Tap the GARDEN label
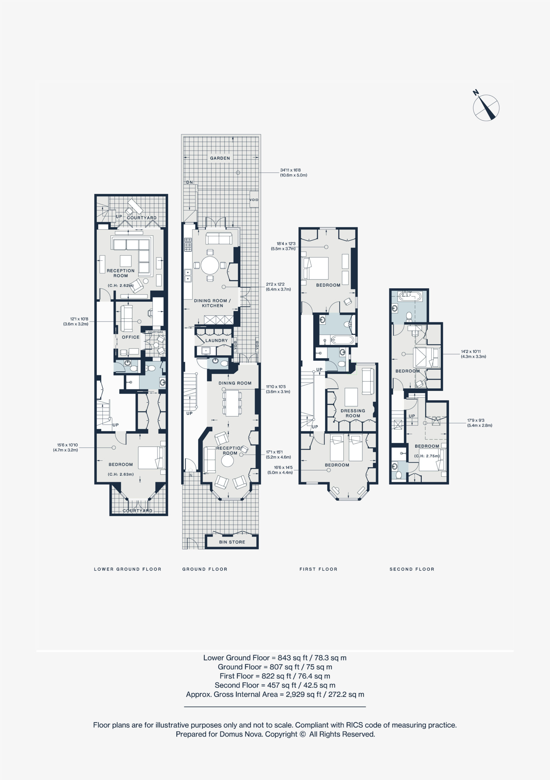click(220, 158)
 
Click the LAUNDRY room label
click(217, 340)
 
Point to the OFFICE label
click(131, 337)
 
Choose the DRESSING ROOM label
click(353, 413)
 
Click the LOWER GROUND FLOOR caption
click(128, 569)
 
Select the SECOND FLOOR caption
click(412, 569)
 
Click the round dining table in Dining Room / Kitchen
click(210, 265)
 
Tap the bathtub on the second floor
click(410, 296)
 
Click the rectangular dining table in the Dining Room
click(232, 403)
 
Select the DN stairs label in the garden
click(189, 183)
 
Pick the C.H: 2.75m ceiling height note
click(427, 456)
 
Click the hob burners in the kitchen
click(188, 245)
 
